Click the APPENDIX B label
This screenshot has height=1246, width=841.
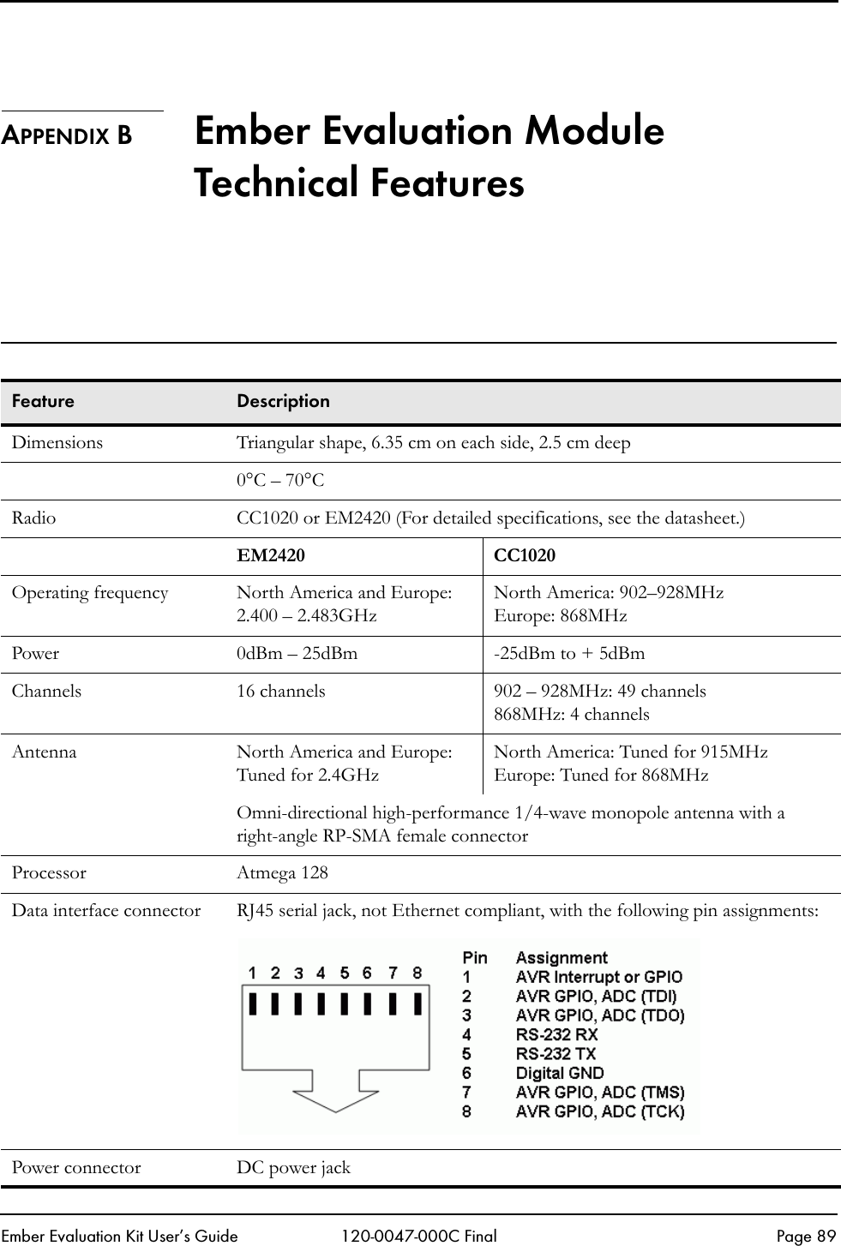point(67,136)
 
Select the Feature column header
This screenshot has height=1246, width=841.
point(43,401)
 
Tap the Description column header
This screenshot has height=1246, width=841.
point(283,401)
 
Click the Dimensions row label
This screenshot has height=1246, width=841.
point(57,443)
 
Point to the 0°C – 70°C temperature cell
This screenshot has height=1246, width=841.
point(280,481)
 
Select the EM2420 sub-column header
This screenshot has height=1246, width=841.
point(270,555)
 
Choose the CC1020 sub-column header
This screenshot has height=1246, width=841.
point(525,555)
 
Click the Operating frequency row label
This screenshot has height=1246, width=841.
point(90,593)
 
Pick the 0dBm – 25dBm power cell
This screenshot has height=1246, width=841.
point(297,654)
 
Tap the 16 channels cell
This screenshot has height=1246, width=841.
point(281,691)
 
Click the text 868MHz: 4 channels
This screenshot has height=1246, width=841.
point(572,714)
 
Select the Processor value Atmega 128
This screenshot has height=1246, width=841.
point(282,873)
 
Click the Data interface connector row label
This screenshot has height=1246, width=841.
point(106,910)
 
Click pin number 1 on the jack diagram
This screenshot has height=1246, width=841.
point(253,973)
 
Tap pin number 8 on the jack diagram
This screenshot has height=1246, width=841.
point(417,973)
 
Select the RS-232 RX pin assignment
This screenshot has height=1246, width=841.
point(556,1034)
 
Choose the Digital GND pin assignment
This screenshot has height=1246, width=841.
point(559,1073)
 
